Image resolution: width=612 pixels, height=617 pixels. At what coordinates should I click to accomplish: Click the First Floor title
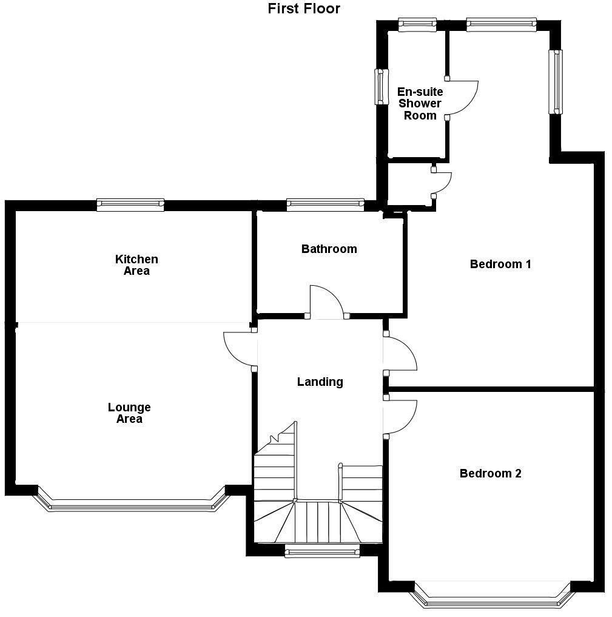click(304, 8)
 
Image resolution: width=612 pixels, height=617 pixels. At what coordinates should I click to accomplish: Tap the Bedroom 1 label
click(500, 264)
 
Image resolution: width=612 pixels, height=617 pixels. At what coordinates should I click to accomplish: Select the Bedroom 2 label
click(490, 473)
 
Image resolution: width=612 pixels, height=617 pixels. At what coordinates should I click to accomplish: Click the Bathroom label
click(329, 249)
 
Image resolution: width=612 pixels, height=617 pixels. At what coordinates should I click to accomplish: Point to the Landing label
click(320, 382)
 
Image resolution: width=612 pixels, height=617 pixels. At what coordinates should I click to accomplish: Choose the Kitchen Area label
click(136, 265)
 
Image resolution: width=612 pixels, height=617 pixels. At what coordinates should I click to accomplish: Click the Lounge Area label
click(129, 413)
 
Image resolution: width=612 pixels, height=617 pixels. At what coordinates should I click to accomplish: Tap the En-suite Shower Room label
click(420, 103)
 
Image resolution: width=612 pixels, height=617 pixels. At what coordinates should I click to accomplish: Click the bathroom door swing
click(326, 302)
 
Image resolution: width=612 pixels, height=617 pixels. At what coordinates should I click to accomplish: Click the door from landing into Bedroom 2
click(401, 417)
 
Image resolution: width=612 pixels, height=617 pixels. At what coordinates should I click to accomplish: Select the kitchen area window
click(130, 205)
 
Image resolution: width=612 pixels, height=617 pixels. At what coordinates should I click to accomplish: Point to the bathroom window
click(325, 205)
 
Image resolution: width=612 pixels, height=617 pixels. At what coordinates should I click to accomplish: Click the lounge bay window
click(132, 505)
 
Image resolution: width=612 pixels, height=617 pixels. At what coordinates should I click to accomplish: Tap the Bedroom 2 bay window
click(491, 600)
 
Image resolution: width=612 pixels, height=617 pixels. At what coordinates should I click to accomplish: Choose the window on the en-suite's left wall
click(381, 86)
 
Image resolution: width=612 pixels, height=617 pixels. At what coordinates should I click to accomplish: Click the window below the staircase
click(322, 551)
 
